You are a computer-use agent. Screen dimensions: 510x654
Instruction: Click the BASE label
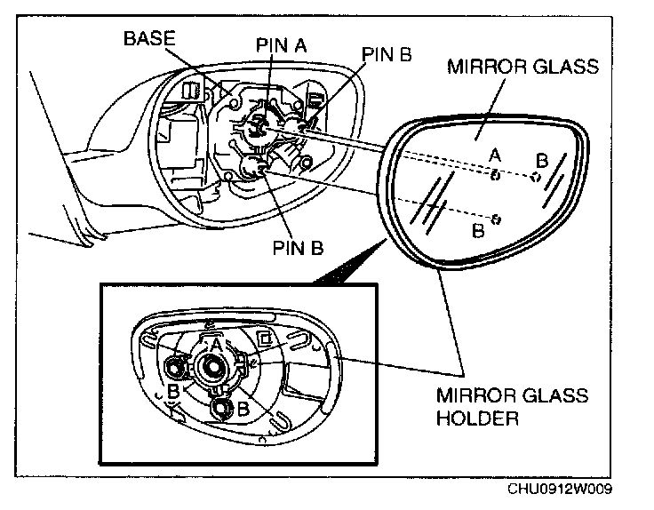(x=150, y=39)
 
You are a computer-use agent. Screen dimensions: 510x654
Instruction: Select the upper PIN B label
(x=387, y=54)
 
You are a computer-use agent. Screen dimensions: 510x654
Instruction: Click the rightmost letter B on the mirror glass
(x=540, y=161)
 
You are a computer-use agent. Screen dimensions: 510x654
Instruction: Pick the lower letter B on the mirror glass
(x=477, y=229)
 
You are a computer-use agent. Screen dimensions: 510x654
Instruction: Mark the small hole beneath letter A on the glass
(x=496, y=175)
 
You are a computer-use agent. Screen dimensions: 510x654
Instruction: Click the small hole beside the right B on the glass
(x=535, y=177)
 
